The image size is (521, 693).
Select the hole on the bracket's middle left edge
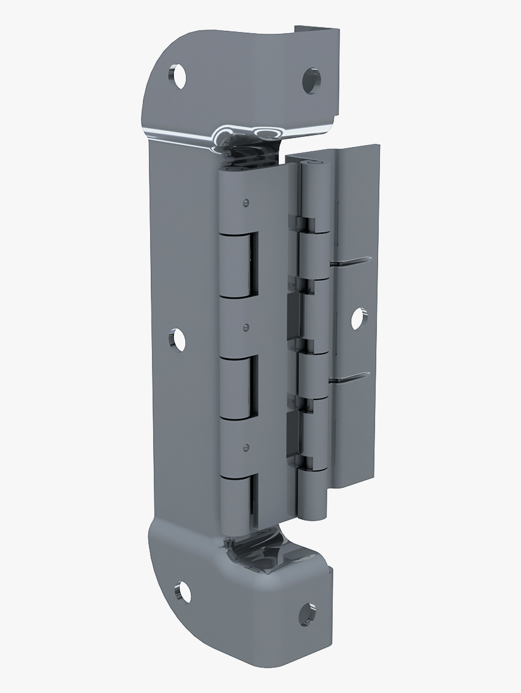tap(178, 340)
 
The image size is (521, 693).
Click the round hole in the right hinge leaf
tap(359, 318)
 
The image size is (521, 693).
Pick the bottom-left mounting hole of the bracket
tap(182, 591)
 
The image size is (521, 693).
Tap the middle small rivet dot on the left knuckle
tap(245, 327)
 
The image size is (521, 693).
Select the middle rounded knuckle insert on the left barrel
tap(239, 387)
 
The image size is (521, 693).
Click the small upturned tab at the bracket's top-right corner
tap(316, 30)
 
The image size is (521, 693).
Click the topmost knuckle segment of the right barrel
tap(313, 194)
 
